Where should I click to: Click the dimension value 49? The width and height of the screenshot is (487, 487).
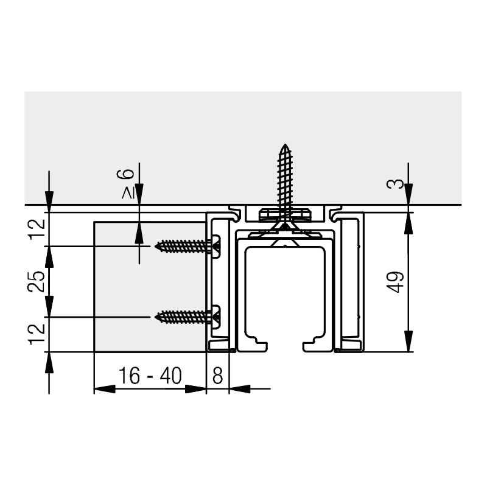pyautogui.click(x=395, y=282)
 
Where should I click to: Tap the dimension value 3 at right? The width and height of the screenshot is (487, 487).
pyautogui.click(x=395, y=184)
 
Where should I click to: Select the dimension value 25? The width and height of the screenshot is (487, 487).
pyautogui.click(x=37, y=281)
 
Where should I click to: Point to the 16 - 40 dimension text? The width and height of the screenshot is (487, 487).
pyautogui.click(x=150, y=376)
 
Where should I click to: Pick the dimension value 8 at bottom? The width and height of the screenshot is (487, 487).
pyautogui.click(x=218, y=376)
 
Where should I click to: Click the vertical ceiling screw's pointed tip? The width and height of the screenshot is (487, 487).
pyautogui.click(x=285, y=144)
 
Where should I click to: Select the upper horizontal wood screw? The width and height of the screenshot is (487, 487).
pyautogui.click(x=187, y=247)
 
